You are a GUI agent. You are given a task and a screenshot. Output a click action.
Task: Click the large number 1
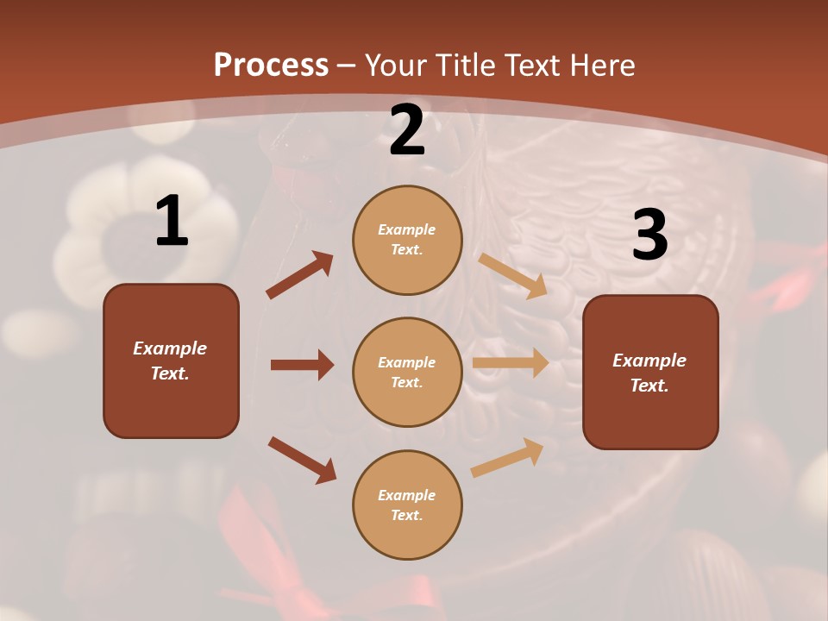point(171,222)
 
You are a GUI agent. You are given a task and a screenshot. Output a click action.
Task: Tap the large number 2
point(407,130)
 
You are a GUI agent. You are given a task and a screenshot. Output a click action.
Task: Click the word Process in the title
point(271,65)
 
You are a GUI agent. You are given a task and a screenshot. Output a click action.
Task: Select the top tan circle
point(407,240)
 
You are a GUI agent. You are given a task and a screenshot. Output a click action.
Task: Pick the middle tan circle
point(407,372)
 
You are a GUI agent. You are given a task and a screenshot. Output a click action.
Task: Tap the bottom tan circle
point(407,505)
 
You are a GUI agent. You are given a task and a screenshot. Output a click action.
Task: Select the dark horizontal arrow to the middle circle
point(302,365)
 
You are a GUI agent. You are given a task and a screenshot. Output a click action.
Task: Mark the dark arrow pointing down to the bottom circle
point(302,460)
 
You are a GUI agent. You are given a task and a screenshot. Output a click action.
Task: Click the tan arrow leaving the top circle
point(513,275)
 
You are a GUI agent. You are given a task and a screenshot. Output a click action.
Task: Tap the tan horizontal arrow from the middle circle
point(511,362)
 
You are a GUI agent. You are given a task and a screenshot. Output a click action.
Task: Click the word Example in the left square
point(170,348)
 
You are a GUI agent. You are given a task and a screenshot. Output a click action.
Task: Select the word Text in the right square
point(649,386)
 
